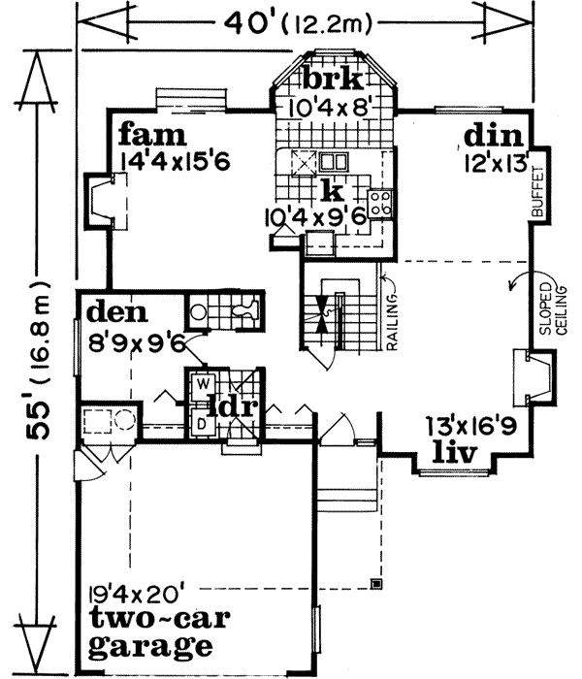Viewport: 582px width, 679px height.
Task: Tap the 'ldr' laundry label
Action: (235, 406)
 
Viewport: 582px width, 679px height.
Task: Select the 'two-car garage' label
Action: (147, 633)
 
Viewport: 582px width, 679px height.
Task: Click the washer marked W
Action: (204, 382)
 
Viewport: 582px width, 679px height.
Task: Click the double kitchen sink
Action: (335, 162)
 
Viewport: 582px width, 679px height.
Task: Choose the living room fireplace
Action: (534, 380)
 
